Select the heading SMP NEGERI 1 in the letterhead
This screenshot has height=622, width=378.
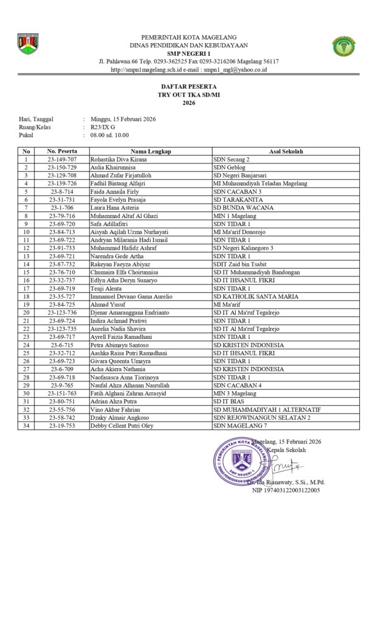pyautogui.click(x=188, y=53)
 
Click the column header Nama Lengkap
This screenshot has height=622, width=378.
pyautogui.click(x=151, y=151)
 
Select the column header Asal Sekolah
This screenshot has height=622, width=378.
pyautogui.click(x=286, y=151)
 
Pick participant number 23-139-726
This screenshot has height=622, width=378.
pyautogui.click(x=62, y=183)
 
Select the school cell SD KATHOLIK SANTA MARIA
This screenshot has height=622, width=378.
pyautogui.click(x=255, y=296)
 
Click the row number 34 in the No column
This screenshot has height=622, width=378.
pyautogui.click(x=26, y=426)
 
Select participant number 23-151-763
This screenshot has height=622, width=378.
pyautogui.click(x=62, y=394)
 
